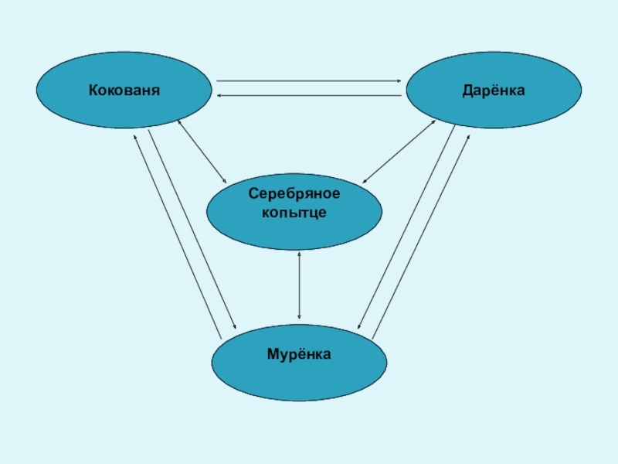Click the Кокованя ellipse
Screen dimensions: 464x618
coord(124,90)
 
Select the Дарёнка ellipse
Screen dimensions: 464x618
coord(494,90)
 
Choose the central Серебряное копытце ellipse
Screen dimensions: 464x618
coord(294,210)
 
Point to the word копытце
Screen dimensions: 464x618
coord(294,211)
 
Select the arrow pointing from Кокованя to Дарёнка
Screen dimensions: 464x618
coord(309,80)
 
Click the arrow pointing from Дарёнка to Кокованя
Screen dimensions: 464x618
coord(309,95)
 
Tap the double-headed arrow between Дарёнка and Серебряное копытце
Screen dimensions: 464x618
coord(399,151)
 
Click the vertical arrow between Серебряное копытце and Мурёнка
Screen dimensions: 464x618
coord(299,285)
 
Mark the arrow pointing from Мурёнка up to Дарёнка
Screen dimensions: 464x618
coord(422,235)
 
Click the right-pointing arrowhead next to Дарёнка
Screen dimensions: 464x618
coord(398,80)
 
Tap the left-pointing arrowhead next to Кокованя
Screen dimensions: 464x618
coord(219,95)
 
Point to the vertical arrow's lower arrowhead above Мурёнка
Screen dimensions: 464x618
coord(299,317)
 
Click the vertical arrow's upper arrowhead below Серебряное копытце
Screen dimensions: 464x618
coord(299,254)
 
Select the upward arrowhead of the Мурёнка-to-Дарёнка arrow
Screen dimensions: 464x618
coord(468,137)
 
